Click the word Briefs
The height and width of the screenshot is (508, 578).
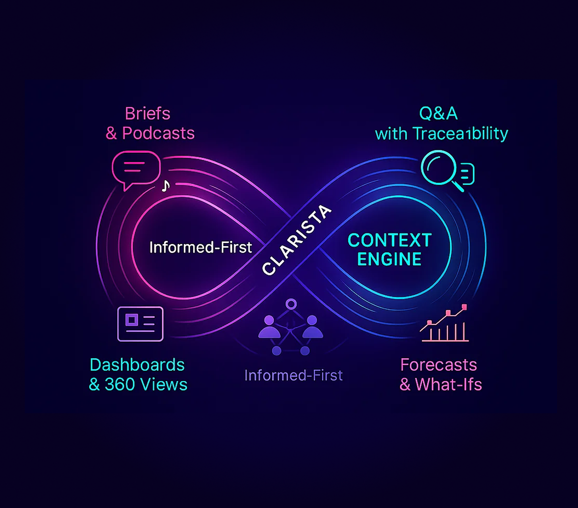(147, 114)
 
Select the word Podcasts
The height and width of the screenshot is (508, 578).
(158, 133)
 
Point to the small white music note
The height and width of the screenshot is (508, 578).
(165, 186)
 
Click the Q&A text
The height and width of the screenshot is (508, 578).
(438, 114)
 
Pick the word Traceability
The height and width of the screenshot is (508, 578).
(460, 134)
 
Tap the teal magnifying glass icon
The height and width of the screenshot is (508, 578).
(440, 169)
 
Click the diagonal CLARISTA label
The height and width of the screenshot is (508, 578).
(296, 239)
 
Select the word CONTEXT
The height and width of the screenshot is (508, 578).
(390, 240)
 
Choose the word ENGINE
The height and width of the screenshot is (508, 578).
(389, 259)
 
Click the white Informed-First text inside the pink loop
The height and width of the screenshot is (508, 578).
(201, 248)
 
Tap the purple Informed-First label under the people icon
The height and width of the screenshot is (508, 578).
(294, 376)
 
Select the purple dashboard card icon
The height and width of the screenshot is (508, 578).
(140, 324)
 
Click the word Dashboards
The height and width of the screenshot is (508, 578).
(137, 365)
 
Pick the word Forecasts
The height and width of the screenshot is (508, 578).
(438, 365)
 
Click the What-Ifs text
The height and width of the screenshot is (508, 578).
(448, 385)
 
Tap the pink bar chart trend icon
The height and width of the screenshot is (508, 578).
(444, 325)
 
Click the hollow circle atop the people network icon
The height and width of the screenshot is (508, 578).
(291, 304)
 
